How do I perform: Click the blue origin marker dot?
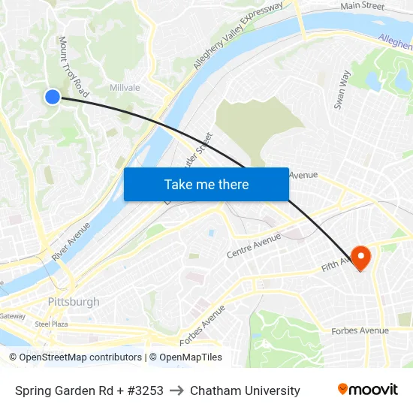(x=52, y=96)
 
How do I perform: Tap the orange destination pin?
(x=361, y=258)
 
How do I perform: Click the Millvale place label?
(x=125, y=88)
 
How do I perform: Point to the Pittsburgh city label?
(x=73, y=302)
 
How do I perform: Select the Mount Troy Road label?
(x=74, y=68)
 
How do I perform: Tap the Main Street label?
(x=362, y=6)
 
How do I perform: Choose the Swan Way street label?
(x=342, y=90)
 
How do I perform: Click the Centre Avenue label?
(x=254, y=246)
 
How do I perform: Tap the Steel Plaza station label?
(x=52, y=324)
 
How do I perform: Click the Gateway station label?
(x=12, y=316)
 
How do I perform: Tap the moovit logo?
(x=368, y=390)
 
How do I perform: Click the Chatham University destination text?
(x=245, y=390)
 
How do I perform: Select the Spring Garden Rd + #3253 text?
(x=89, y=390)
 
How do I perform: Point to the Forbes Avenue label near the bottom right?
(x=360, y=330)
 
